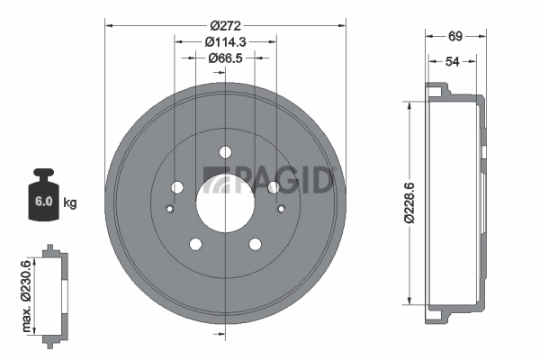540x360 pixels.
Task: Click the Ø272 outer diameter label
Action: pos(225,24)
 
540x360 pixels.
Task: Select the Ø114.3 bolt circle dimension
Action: pos(225,41)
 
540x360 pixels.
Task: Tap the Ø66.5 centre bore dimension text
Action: pos(225,58)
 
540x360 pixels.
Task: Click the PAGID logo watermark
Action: pos(270,180)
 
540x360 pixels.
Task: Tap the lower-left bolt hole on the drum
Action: pos(194,243)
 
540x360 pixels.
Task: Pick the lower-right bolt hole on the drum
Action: pos(256,243)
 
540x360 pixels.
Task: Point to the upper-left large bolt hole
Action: pos(176,186)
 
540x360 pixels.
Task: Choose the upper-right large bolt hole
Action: pos(274,186)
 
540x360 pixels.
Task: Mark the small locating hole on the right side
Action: pos(281,210)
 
